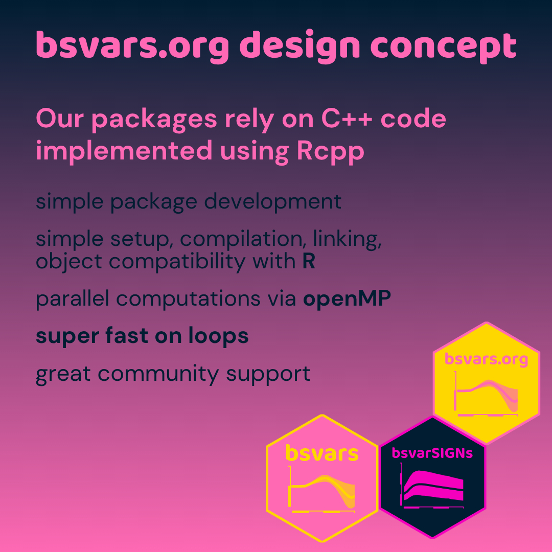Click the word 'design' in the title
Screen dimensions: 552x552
tap(302, 47)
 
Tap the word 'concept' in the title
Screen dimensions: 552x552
tap(444, 48)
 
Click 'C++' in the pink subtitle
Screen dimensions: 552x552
tap(347, 119)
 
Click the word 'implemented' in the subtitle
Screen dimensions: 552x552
tap(124, 151)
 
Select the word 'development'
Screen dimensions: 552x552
tap(273, 202)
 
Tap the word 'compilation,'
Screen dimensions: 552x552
tap(241, 239)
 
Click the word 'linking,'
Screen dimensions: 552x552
tap(347, 239)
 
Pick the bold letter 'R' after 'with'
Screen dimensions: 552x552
tap(309, 261)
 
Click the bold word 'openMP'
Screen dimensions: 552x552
tap(347, 299)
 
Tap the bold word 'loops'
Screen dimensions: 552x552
tap(218, 336)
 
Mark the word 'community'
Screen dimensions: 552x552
tap(158, 374)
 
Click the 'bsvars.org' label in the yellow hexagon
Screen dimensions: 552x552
tap(486, 359)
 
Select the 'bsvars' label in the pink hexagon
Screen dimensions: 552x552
tap(322, 453)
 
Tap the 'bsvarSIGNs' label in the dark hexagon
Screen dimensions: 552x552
tap(432, 453)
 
